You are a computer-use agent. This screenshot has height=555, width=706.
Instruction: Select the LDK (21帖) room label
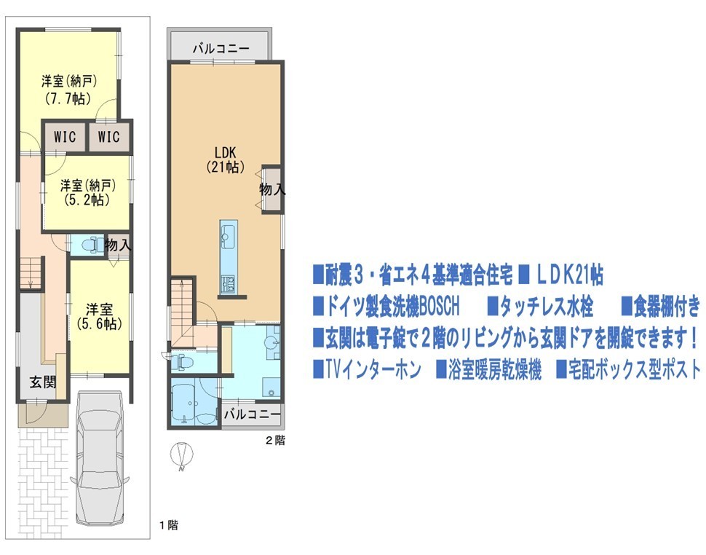(226, 160)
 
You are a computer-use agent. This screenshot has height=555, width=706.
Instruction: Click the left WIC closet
(64, 136)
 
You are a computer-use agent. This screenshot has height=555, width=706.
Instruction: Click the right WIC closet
(108, 136)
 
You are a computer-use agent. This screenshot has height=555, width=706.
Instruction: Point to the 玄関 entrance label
(43, 382)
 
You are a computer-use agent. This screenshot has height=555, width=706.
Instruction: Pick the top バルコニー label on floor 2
(221, 49)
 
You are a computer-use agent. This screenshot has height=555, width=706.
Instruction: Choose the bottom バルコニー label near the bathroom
(252, 414)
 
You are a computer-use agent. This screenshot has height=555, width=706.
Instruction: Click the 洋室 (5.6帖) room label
(100, 317)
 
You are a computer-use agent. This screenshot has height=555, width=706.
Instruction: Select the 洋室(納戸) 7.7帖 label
(69, 89)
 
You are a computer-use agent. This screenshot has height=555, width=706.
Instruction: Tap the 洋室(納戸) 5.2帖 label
(88, 193)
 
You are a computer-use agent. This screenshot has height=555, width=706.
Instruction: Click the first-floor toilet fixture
(93, 245)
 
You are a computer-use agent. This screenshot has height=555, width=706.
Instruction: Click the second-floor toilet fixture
(183, 361)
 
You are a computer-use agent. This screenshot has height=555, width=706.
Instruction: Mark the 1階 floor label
(168, 525)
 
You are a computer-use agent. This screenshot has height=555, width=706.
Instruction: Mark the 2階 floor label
(275, 440)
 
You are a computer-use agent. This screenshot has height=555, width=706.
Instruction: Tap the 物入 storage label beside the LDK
(272, 189)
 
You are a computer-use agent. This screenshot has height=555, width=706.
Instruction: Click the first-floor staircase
(31, 274)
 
